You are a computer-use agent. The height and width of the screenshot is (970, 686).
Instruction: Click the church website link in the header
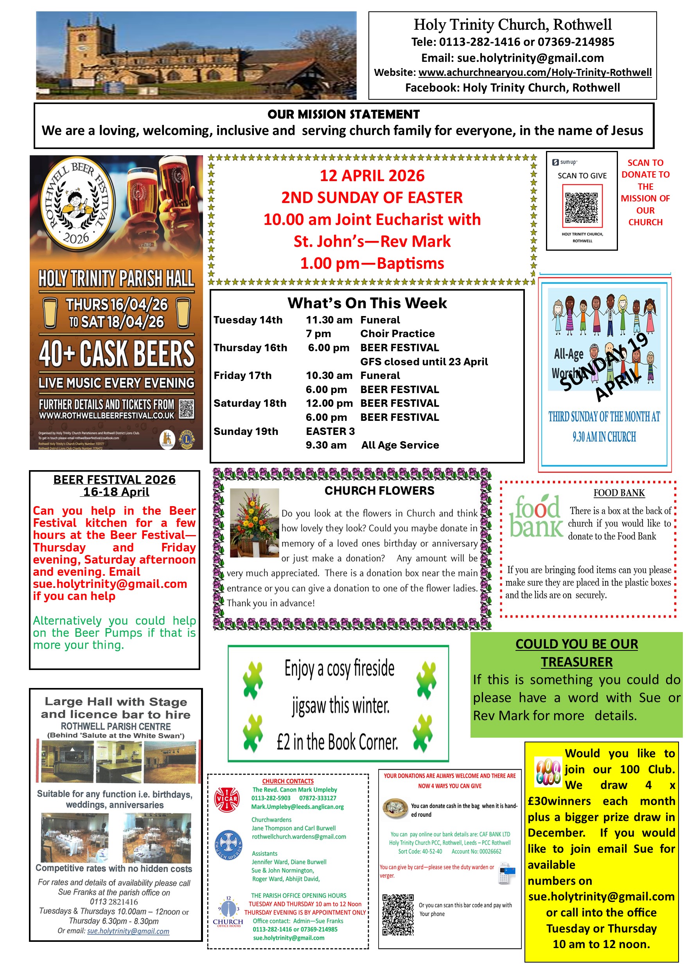(x=535, y=72)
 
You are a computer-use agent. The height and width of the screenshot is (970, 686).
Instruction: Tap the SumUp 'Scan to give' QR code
(x=582, y=207)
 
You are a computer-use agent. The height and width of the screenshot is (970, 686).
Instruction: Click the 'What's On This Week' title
(x=367, y=303)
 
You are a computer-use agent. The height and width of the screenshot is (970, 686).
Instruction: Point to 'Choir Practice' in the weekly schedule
(x=397, y=333)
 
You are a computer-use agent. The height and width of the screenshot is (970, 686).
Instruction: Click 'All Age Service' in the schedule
(x=400, y=445)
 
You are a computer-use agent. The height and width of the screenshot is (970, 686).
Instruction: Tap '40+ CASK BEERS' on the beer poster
(x=116, y=353)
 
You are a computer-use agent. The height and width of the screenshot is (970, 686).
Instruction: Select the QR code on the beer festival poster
(x=186, y=409)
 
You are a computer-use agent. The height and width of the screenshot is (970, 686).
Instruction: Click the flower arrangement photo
(x=254, y=523)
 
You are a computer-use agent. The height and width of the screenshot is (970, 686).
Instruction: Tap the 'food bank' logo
(x=536, y=516)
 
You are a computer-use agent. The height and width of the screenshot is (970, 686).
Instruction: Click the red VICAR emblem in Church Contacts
(x=227, y=799)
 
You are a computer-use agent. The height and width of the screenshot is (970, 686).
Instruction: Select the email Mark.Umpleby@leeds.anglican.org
(x=297, y=807)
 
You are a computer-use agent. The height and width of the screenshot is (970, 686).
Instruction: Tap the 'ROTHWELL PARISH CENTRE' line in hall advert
(x=116, y=726)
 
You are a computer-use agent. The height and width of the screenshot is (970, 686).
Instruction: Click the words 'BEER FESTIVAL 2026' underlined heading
(x=115, y=480)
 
